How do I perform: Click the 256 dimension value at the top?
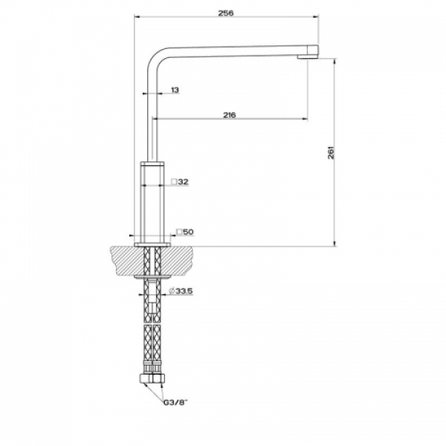click(226, 13)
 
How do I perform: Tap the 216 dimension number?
click(229, 115)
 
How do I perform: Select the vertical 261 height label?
click(332, 152)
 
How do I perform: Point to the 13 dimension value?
click(175, 90)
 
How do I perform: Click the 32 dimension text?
click(183, 181)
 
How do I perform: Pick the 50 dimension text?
click(188, 232)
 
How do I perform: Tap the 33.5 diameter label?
click(184, 291)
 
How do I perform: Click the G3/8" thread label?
click(175, 402)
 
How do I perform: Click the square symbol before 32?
click(174, 181)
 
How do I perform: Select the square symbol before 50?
click(179, 232)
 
